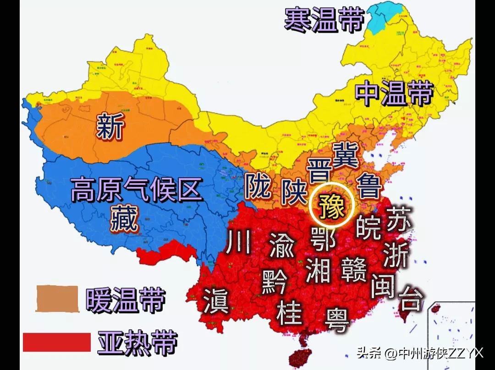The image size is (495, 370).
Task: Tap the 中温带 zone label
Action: [x=394, y=93]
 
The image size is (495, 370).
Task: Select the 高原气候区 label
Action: [x=137, y=190]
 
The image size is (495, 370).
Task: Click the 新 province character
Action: [x=110, y=127]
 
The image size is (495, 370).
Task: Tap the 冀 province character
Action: [x=346, y=154]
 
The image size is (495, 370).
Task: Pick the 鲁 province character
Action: [x=369, y=185]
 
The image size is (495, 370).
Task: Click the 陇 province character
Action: [x=258, y=186]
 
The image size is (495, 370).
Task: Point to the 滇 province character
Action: [x=217, y=300]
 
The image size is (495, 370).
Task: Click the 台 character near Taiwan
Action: [x=410, y=298]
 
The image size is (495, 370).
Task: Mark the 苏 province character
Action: [x=400, y=219]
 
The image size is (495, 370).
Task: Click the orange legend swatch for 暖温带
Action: [x=58, y=299]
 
